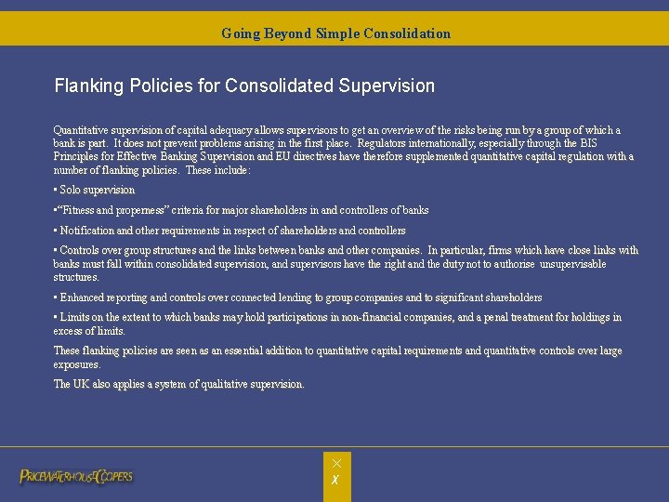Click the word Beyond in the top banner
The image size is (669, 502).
pos(287,33)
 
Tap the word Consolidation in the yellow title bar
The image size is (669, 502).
pos(407,33)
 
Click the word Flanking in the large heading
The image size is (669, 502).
pos(89,86)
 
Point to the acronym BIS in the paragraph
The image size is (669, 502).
pos(588,144)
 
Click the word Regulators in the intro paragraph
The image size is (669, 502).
pos(385,144)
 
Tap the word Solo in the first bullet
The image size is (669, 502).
pos(72,191)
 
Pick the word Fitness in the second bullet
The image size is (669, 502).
pos(80,211)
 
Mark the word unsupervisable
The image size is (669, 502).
pos(571,264)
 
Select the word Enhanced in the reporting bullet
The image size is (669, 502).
pos(82,297)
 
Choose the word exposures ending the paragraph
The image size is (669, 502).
pos(75,364)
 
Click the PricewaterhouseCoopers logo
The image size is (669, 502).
pos(76,477)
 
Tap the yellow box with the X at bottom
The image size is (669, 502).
pos(337,475)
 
